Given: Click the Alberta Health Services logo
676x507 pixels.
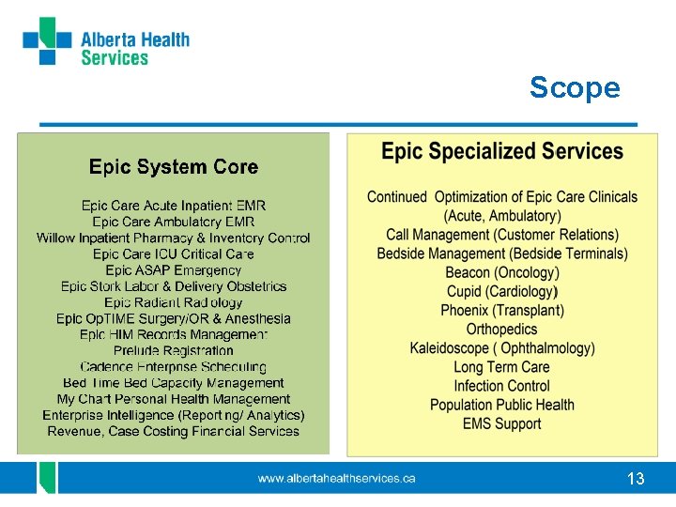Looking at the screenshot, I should click(x=105, y=43).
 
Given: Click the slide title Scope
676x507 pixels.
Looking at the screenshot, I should click(x=575, y=87).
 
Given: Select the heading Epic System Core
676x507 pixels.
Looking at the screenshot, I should click(x=174, y=167).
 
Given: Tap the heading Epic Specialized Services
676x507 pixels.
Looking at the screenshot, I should click(x=502, y=151).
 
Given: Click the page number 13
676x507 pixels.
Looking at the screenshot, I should click(x=636, y=479).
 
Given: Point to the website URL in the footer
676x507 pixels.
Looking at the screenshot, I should click(x=337, y=479).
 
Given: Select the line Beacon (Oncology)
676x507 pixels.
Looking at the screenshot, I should click(x=502, y=272).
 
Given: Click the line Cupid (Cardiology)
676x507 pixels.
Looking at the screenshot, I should click(x=502, y=291).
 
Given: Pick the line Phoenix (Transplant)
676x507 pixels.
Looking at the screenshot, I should click(x=502, y=310).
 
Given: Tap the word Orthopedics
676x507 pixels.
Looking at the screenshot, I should click(x=502, y=330).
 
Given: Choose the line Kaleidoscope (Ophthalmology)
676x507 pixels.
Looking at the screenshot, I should click(x=502, y=348).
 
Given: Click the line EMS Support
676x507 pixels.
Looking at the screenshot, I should click(x=502, y=423).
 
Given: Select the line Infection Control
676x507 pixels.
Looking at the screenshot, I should click(x=502, y=386).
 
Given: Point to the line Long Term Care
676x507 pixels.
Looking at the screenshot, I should click(x=502, y=367).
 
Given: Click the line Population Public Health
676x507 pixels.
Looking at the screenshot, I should click(x=502, y=405).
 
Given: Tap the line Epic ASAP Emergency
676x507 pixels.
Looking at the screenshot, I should click(x=174, y=270).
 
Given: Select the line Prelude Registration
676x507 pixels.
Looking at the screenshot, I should click(x=174, y=350).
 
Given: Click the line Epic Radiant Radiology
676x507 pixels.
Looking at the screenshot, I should click(x=174, y=302).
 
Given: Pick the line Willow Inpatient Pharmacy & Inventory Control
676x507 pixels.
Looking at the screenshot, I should click(x=174, y=238).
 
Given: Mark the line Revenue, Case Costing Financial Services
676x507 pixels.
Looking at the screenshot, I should click(x=174, y=431).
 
